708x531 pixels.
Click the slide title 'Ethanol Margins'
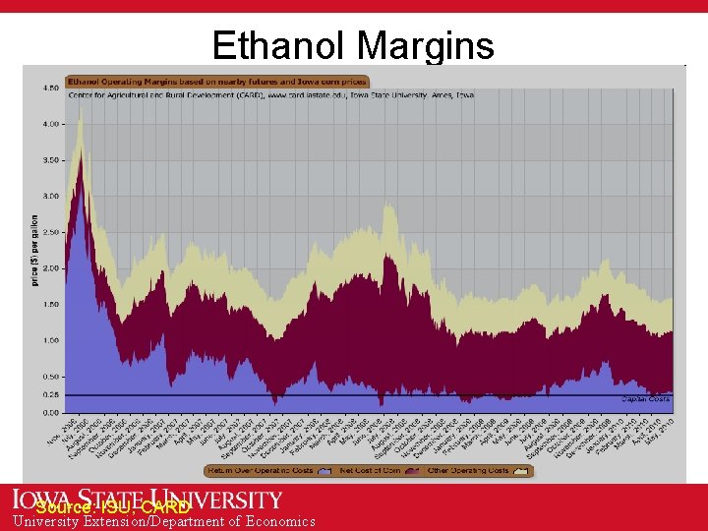[353, 45]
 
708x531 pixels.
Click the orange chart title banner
[217, 82]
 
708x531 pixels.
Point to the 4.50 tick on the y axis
[48, 88]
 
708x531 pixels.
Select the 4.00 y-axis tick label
[48, 124]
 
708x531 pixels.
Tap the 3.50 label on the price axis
[48, 160]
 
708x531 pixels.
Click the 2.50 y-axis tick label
[48, 232]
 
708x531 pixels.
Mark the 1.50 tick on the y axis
[48, 304]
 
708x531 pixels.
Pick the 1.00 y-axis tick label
[48, 340]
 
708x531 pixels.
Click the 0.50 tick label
[48, 377]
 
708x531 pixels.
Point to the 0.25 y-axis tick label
[48, 394]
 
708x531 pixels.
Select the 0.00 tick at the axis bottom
[48, 412]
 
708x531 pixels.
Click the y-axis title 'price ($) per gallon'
[34, 251]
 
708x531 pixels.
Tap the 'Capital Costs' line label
[645, 399]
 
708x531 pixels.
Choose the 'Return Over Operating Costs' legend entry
[262, 471]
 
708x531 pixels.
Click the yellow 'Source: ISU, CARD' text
[112, 507]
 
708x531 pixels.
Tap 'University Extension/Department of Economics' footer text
[164, 522]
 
